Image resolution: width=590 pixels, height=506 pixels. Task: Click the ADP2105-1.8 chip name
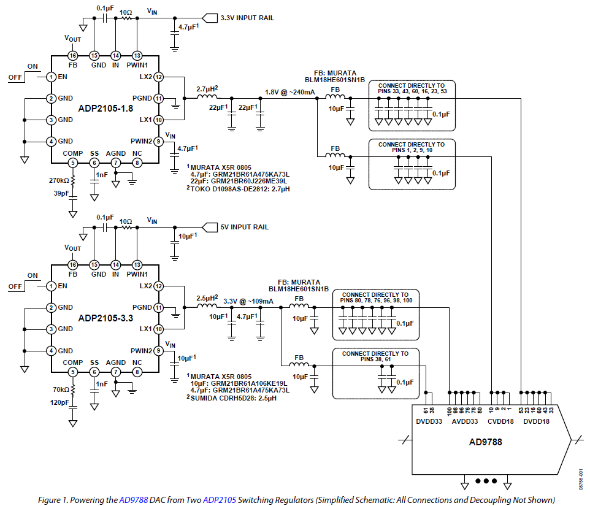[105, 109]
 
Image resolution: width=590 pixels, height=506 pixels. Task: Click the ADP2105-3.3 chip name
[105, 318]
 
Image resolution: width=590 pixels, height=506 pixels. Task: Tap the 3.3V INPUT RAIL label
[247, 18]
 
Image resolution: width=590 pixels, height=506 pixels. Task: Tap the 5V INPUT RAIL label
[244, 227]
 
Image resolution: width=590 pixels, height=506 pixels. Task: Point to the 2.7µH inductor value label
[208, 89]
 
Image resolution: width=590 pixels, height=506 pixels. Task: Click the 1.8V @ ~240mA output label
[289, 92]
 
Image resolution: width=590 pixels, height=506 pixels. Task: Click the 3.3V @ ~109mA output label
[248, 301]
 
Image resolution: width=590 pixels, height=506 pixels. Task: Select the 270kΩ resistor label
[60, 181]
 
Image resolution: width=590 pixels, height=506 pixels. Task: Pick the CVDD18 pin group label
[499, 421]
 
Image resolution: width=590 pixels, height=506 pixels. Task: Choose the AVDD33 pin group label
[464, 421]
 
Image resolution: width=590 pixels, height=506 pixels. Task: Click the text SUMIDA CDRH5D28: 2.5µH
[236, 397]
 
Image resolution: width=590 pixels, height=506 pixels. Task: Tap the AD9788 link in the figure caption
[134, 500]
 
